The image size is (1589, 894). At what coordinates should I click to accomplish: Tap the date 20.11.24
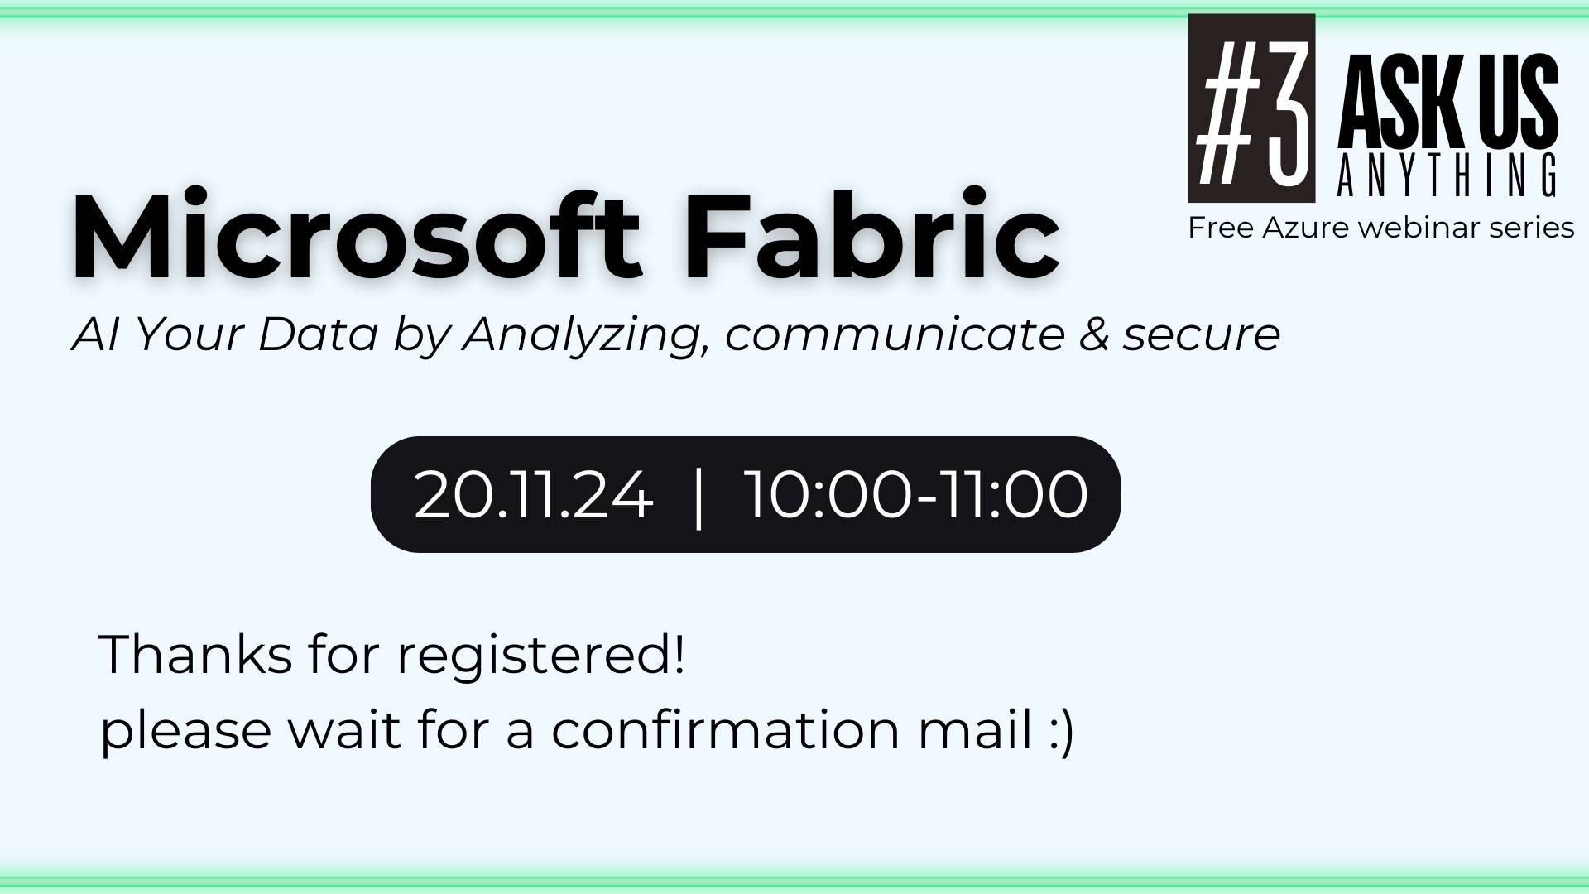tap(533, 495)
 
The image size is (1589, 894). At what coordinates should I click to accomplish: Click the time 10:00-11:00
tap(916, 495)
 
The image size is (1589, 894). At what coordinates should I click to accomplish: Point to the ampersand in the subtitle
tap(1092, 334)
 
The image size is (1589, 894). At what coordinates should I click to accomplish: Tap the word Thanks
tap(195, 654)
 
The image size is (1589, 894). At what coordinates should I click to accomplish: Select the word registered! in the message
tap(540, 656)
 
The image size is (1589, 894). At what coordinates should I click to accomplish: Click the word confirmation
tap(725, 730)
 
